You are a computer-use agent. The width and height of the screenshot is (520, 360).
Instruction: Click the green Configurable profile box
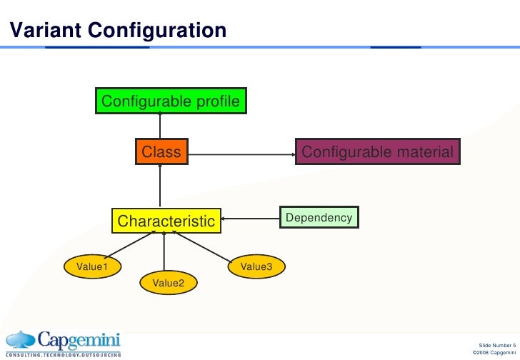tap(171, 101)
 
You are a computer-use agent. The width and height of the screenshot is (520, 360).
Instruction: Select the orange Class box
tap(161, 152)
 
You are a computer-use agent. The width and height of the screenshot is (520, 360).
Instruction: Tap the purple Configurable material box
tap(377, 152)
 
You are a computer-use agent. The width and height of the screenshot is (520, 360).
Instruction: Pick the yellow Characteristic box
tap(166, 221)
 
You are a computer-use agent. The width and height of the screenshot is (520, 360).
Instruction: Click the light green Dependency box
tap(319, 217)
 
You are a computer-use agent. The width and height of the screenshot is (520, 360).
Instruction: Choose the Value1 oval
tap(92, 266)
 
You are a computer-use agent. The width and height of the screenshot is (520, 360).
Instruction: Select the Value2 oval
tap(169, 284)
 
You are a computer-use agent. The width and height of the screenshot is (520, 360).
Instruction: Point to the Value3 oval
tap(256, 266)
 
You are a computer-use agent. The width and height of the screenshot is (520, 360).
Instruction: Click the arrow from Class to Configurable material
tap(243, 152)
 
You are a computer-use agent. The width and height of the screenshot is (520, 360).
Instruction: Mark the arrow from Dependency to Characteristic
tap(251, 218)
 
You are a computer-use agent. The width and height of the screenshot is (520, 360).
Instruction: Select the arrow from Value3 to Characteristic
tap(204, 246)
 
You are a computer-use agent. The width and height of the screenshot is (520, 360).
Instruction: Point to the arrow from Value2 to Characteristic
tap(165, 251)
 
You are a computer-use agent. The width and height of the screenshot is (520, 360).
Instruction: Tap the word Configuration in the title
tap(156, 30)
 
